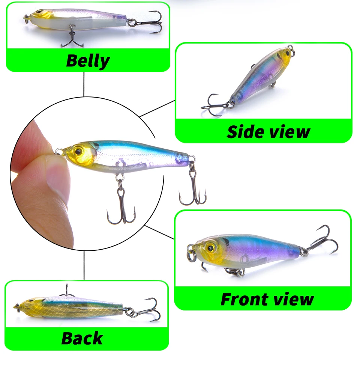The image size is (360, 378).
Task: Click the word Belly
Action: point(88,61)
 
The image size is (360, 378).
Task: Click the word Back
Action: point(82,338)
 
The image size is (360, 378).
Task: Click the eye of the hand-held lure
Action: point(78,151)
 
